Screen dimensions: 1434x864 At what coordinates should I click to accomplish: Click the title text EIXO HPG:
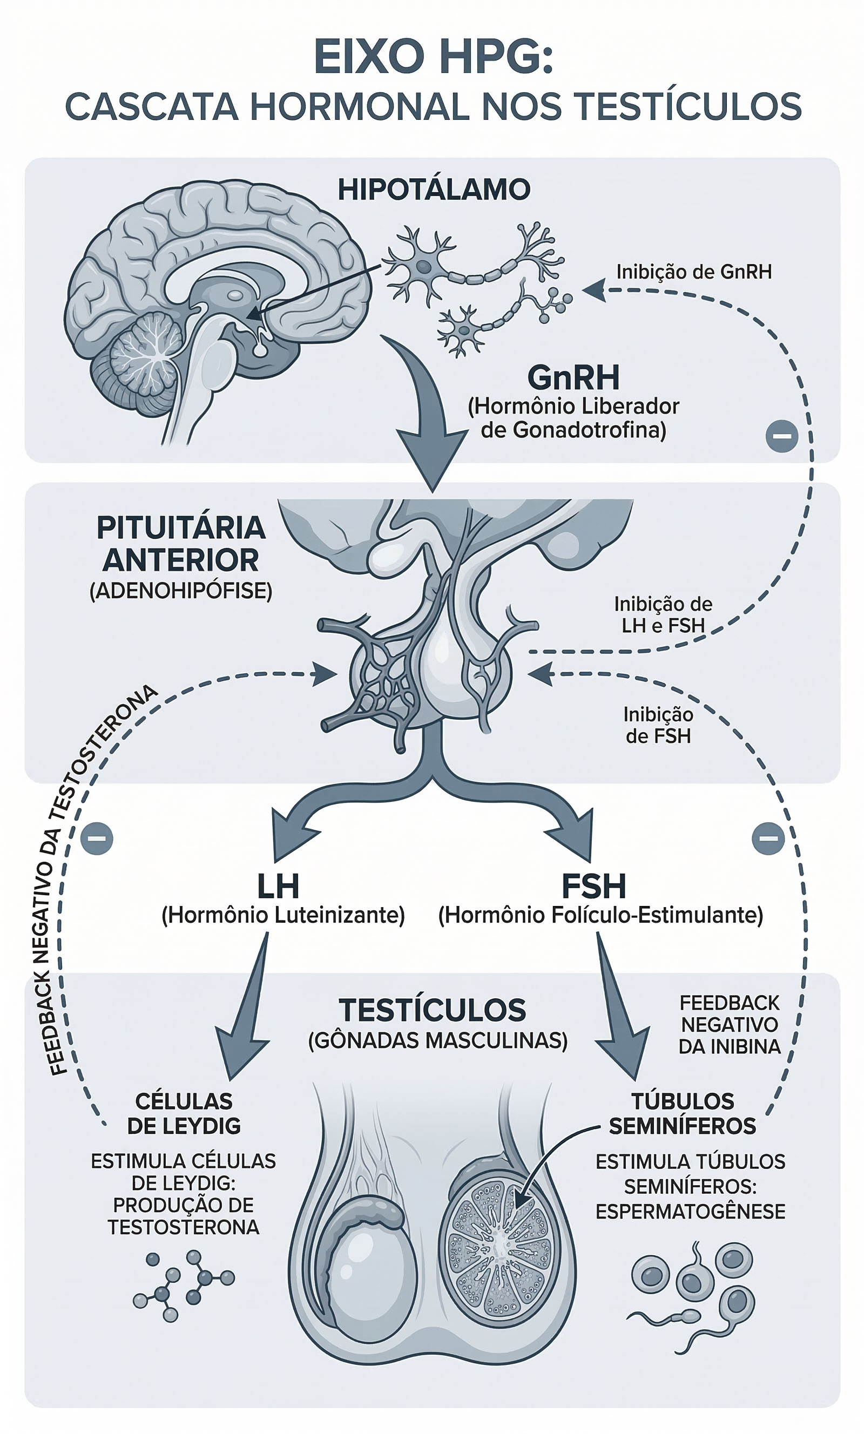tap(433, 57)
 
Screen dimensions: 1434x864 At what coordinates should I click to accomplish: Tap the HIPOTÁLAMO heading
tap(434, 190)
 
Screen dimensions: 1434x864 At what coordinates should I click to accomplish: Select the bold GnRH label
tap(573, 378)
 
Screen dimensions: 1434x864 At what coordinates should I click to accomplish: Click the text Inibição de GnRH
tap(694, 272)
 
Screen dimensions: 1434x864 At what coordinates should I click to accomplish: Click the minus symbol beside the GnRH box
tap(781, 436)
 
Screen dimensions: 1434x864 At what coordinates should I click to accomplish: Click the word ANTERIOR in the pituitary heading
tap(180, 560)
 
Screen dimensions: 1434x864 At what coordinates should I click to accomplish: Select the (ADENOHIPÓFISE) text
tap(180, 591)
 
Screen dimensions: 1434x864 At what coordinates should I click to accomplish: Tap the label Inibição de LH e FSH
tap(663, 614)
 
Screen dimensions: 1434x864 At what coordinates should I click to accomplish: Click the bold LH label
tap(278, 887)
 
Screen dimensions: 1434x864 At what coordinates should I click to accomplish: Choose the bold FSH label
tap(593, 887)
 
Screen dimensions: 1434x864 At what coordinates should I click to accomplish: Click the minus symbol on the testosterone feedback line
tap(97, 838)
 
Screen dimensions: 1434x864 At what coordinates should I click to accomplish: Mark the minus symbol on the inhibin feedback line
tap(768, 838)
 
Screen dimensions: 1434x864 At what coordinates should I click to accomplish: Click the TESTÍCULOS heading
tap(432, 1010)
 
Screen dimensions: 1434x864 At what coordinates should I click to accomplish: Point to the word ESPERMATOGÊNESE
tap(690, 1212)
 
